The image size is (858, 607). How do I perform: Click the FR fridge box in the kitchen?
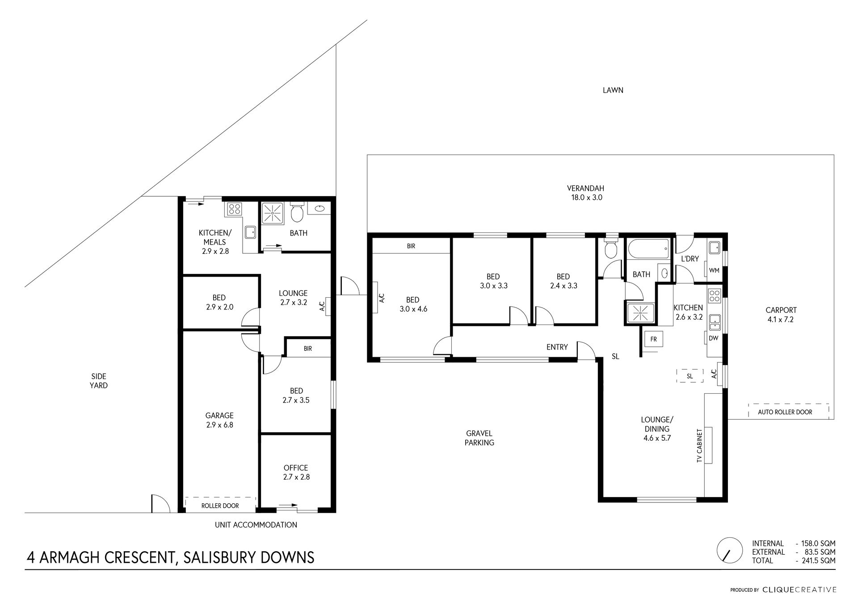tap(653, 339)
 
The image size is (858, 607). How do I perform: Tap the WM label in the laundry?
tap(714, 270)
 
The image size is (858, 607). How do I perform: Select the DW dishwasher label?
tap(713, 338)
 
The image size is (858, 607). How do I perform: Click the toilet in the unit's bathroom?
tap(297, 213)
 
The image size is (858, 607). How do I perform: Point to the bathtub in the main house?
tap(648, 249)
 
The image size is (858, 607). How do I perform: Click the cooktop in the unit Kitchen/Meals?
tap(234, 209)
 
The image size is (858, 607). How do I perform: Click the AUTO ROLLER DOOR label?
tap(785, 412)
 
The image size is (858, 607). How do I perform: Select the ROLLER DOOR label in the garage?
tap(220, 506)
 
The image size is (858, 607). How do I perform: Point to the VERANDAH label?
tap(585, 188)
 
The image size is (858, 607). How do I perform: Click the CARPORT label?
tap(781, 310)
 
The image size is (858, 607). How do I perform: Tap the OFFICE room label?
tap(295, 468)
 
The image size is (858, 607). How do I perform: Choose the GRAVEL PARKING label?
tap(479, 438)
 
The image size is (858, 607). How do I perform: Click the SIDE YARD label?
tap(98, 381)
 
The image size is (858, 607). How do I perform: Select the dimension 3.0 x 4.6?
tap(413, 309)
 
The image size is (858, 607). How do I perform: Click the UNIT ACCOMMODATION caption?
tap(256, 525)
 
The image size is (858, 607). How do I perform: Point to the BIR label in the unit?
tap(307, 349)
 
